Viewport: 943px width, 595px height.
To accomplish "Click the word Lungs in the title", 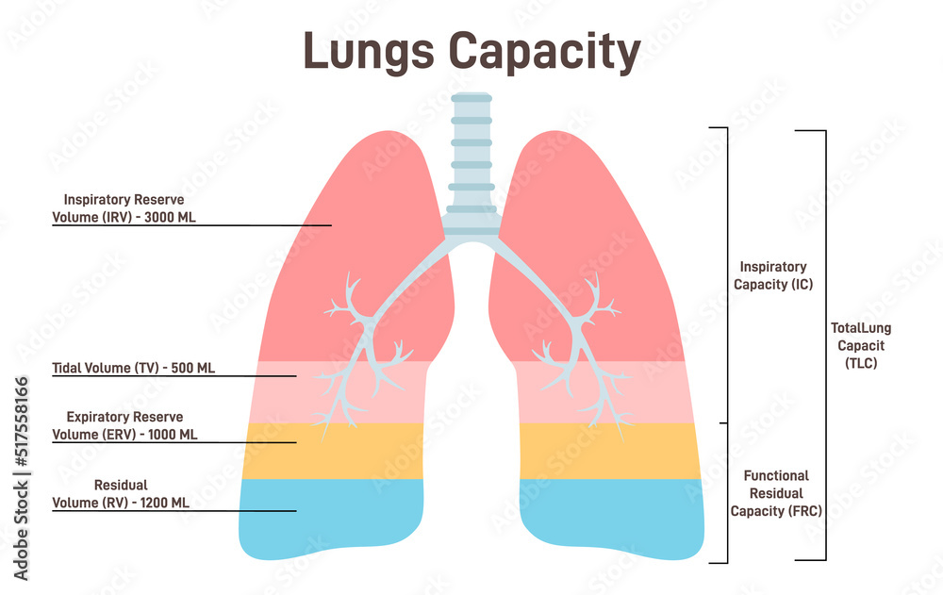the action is click(369, 53).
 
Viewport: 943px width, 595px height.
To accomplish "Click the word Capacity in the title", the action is click(545, 53).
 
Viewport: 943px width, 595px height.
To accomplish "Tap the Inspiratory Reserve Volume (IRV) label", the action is click(124, 208).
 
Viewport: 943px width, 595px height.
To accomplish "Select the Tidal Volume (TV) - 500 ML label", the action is click(134, 368).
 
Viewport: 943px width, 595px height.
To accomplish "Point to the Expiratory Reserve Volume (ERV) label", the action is click(124, 425).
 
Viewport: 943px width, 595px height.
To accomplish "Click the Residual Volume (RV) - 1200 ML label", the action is click(121, 494).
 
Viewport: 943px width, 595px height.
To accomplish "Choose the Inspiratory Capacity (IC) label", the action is click(773, 275).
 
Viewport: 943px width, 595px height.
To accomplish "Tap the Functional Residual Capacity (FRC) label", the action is click(776, 493).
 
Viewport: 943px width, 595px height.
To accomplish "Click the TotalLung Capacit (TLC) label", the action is click(861, 345).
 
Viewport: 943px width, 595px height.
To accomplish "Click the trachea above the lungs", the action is click(471, 162).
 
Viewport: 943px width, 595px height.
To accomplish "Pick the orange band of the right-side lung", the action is click(610, 452).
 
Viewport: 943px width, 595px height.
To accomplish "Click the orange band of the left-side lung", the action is click(334, 452).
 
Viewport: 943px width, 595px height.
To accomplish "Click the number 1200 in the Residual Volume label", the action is click(154, 503).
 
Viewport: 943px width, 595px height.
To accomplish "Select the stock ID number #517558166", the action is click(22, 421).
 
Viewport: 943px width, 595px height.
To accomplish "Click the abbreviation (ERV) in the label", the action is click(119, 435).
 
